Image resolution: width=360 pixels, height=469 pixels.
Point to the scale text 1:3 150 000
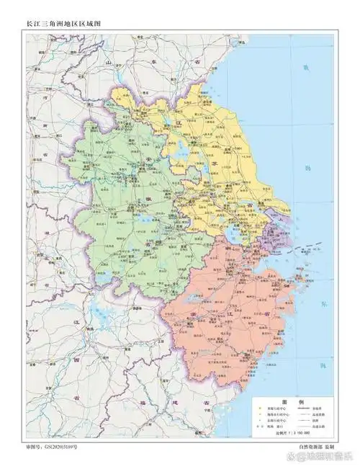(x=293, y=434)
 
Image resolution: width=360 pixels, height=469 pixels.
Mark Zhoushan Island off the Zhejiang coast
(x=301, y=277)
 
